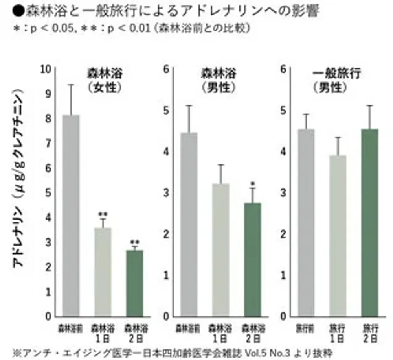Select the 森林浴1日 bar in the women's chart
pyautogui.click(x=103, y=272)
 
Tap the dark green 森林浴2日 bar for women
pyautogui.click(x=135, y=283)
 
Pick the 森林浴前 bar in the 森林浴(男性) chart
pyautogui.click(x=189, y=224)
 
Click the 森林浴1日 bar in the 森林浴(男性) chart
pyautogui.click(x=221, y=250)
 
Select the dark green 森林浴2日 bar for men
pyautogui.click(x=252, y=260)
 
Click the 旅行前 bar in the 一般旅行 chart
pyautogui.click(x=306, y=223)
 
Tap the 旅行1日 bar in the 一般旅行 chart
pyautogui.click(x=338, y=236)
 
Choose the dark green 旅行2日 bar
pyautogui.click(x=370, y=223)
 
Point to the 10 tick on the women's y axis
pyautogui.click(x=46, y=69)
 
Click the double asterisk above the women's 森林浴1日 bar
pyautogui.click(x=103, y=214)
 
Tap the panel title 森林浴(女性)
pyautogui.click(x=104, y=80)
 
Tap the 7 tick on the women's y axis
pyautogui.click(x=48, y=144)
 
